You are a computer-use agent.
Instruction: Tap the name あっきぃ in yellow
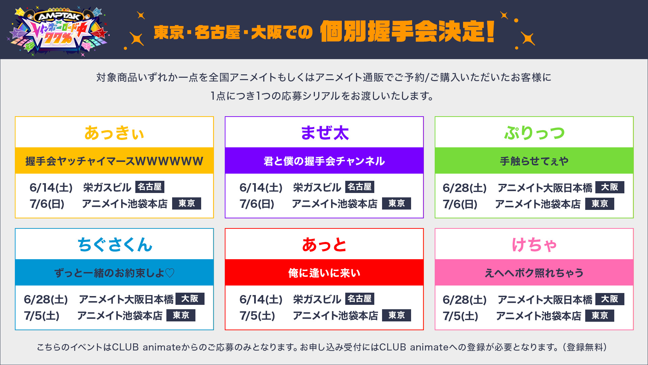pyautogui.click(x=114, y=132)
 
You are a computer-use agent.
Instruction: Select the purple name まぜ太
pyautogui.click(x=324, y=132)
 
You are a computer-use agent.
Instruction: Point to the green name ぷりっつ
pyautogui.click(x=534, y=132)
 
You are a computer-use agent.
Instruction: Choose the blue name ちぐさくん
pyautogui.click(x=115, y=244)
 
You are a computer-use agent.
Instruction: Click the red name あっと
pyautogui.click(x=324, y=244)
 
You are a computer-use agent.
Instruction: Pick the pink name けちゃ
pyautogui.click(x=534, y=244)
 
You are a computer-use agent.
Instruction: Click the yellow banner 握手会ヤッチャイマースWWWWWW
pyautogui.click(x=114, y=161)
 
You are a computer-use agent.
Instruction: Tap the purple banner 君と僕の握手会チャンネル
pyautogui.click(x=324, y=161)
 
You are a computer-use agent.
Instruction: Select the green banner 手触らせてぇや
pyautogui.click(x=534, y=161)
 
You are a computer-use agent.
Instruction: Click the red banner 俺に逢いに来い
pyautogui.click(x=324, y=273)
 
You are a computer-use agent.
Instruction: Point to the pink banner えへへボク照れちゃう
pyautogui.click(x=534, y=273)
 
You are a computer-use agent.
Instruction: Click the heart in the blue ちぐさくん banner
pyautogui.click(x=170, y=273)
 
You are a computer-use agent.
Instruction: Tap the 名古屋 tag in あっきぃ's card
pyautogui.click(x=150, y=187)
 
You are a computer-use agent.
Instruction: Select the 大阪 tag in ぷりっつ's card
pyautogui.click(x=610, y=187)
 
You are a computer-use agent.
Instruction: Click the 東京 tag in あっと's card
pyautogui.click(x=397, y=315)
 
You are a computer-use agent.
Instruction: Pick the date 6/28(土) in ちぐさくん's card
pyautogui.click(x=46, y=299)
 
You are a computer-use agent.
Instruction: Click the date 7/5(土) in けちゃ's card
pyautogui.click(x=460, y=316)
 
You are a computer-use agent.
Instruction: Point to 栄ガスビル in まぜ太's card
pyautogui.click(x=317, y=187)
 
